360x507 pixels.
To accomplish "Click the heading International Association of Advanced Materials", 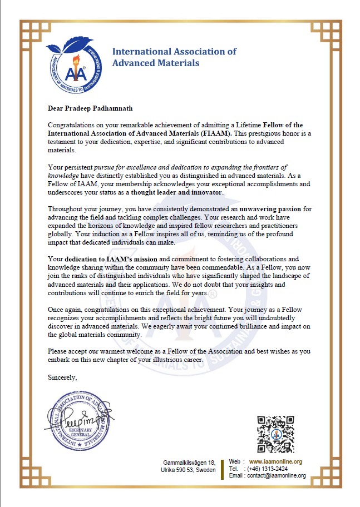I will [x=174, y=57].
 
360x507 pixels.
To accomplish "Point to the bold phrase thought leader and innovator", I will [x=176, y=192].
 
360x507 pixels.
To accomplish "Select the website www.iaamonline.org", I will [x=275, y=461].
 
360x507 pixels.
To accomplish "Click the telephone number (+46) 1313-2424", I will [x=267, y=469].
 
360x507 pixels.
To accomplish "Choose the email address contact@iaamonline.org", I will [x=275, y=475].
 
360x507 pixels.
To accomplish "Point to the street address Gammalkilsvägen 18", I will [x=189, y=463].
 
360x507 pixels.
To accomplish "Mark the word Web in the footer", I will [x=234, y=461].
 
